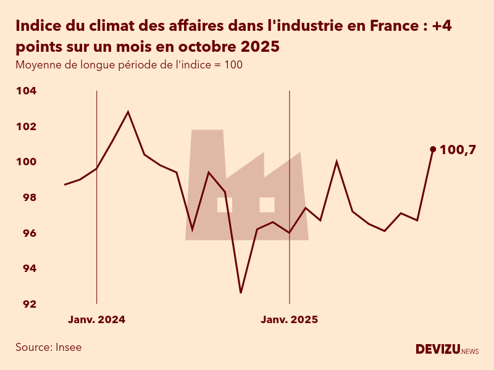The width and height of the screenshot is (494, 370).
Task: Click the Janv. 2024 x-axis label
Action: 96,319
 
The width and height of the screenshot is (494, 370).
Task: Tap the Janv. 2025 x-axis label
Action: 289,319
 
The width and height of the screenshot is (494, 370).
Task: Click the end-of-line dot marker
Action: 433,149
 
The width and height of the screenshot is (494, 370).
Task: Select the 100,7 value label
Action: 458,149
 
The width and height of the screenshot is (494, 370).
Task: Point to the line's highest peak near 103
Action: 128,112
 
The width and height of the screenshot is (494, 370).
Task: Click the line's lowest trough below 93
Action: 241,292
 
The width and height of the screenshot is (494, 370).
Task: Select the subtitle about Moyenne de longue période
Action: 129,65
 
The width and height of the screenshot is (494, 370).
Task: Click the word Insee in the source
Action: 68,347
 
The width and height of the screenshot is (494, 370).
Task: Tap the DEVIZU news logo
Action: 447,350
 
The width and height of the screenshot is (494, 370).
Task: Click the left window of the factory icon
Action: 225,205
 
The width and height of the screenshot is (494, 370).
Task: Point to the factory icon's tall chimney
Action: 207,154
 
